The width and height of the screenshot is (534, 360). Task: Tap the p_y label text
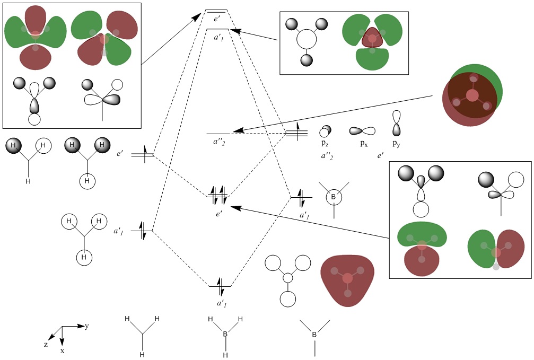coord(396,144)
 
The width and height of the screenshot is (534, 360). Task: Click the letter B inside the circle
coord(334,198)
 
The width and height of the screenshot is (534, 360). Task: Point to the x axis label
coord(62,351)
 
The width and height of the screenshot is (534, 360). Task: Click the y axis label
coord(86,326)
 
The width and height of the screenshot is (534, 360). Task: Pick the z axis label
coord(46,344)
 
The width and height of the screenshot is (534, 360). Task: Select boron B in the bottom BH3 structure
coord(225,335)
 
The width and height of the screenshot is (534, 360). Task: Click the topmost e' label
coord(217,19)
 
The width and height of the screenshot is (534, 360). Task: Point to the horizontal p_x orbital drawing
coord(362,130)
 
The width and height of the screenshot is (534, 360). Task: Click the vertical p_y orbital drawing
coord(396,123)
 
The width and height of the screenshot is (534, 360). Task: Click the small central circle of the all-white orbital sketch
coord(288,278)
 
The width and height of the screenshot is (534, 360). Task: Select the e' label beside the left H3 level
coord(121,154)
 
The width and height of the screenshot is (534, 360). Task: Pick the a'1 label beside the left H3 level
coord(118,231)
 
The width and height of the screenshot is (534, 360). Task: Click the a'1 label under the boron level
coord(304,215)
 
